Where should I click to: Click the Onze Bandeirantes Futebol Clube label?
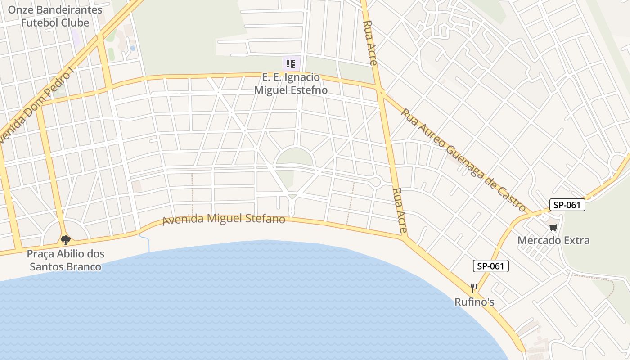55,16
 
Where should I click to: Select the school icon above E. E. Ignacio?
291,64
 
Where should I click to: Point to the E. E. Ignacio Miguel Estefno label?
291,84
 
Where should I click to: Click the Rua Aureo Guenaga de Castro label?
463,160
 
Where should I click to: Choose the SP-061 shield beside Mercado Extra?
567,205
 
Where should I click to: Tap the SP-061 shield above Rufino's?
490,266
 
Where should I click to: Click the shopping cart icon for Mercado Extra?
553,228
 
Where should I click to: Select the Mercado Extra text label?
553,240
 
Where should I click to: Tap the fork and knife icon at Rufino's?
474,288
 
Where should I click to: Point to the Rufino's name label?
474,302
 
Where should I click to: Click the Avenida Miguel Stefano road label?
224,220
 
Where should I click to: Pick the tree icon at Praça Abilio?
66,240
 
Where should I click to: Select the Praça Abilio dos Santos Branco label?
66,260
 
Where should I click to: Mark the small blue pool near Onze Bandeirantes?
132,48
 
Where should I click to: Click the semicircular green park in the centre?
294,157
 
